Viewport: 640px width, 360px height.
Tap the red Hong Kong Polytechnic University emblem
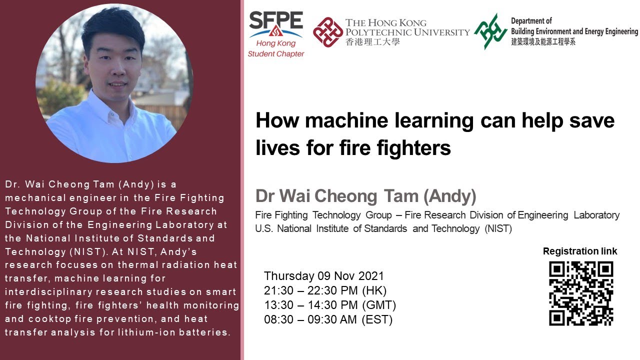pos(327,31)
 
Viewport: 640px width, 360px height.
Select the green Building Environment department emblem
pos(490,31)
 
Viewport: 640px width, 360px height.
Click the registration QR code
pos(581,293)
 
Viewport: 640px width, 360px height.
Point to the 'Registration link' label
pos(580,251)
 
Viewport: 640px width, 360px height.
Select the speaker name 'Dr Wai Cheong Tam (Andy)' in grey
pos(365,196)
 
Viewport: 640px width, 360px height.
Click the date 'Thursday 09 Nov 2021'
pos(324,276)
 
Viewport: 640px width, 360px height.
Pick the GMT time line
pos(330,305)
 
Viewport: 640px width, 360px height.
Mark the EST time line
pos(328,319)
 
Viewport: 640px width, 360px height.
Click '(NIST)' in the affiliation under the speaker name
pos(497,229)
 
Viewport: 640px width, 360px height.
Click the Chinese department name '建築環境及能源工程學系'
pos(543,42)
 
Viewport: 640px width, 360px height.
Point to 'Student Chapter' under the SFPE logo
pos(276,54)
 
